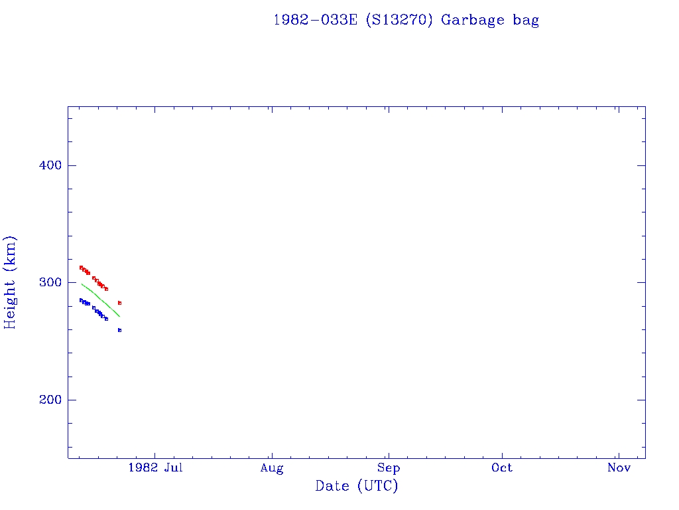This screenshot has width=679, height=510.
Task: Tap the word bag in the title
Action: pos(526,20)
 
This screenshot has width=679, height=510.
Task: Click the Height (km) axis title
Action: pos(11,282)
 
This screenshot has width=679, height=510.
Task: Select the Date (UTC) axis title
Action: pos(357,486)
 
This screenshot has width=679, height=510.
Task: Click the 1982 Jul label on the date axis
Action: pos(155,468)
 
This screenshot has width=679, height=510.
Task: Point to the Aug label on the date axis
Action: pos(272,468)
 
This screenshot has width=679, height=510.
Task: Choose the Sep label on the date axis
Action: pos(389,468)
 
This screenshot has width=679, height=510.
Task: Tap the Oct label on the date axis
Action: pos(502,468)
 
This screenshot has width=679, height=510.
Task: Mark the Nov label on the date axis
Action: pos(619,468)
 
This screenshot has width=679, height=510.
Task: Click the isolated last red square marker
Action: pos(120,303)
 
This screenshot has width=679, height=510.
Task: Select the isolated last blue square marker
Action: pos(120,330)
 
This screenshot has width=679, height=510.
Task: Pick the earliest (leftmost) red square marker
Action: pos(81,268)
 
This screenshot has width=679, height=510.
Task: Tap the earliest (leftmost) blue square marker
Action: pos(81,300)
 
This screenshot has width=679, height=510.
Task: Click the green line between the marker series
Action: pos(99,297)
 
